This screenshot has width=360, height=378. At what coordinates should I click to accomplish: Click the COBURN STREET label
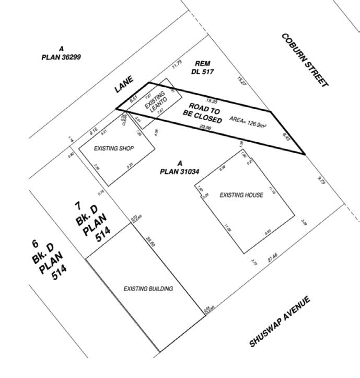pos(305,60)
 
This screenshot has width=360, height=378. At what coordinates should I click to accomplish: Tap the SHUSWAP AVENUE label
pos(280,322)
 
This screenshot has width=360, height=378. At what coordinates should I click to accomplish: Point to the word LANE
pos(124,84)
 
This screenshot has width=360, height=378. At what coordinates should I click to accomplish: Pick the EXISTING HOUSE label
pos(241,195)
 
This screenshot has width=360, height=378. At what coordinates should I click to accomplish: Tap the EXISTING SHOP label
pos(113,148)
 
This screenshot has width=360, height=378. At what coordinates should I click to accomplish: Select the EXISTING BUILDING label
pos(148,288)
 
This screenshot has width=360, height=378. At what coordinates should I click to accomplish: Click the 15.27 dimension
pos(241,81)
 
